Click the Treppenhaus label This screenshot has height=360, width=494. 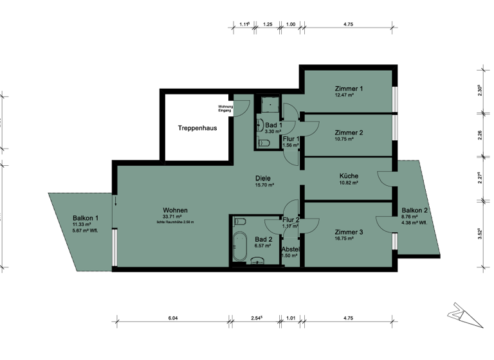tap(197, 128)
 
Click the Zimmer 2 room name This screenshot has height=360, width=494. tap(349, 132)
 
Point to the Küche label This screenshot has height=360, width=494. tap(349, 175)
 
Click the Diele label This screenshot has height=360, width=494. tap(262, 178)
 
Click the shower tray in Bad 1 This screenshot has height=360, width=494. tap(267, 104)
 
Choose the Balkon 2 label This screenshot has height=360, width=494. tap(414, 210)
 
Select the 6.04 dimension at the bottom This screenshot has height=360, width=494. tap(172, 317)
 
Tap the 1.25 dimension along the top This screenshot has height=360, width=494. tap(268, 24)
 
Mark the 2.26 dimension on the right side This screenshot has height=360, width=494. tap(479, 135)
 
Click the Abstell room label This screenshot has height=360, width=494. tap(291, 249)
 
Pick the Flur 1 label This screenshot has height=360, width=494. tap(291, 138)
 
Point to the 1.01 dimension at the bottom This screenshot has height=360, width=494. tap(290, 317)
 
